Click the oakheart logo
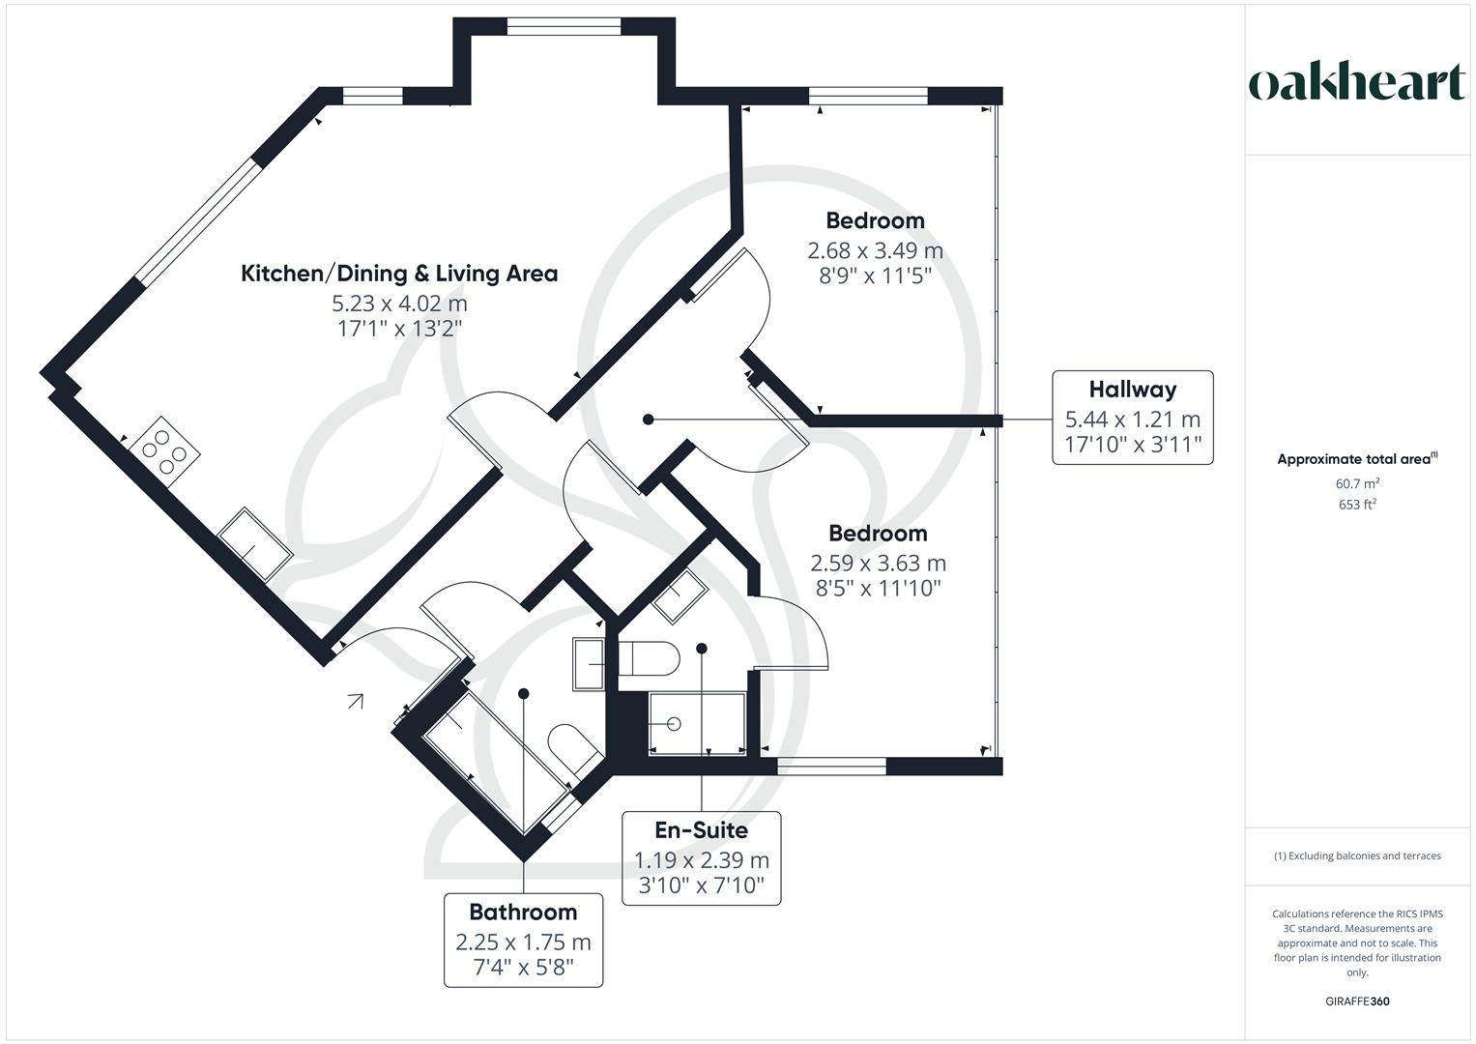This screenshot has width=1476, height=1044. (1356, 83)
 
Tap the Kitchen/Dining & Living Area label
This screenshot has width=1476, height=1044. (399, 274)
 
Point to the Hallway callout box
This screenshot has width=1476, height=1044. (1132, 417)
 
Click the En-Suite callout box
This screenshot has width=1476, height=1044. (701, 857)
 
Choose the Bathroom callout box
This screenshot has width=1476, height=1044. (523, 939)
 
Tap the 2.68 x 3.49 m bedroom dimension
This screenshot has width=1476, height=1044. (875, 250)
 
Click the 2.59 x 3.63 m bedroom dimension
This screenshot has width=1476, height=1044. (878, 563)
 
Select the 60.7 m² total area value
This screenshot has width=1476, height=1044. (1357, 482)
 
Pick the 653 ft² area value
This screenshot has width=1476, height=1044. (1357, 504)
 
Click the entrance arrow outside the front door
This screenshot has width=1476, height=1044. (356, 701)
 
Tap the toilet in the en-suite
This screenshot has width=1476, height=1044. (649, 659)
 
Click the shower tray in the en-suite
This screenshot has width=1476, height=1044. (697, 723)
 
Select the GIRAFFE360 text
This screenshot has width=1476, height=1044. (1357, 1001)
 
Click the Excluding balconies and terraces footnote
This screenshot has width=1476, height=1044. (1357, 855)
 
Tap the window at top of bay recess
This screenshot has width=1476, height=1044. (564, 28)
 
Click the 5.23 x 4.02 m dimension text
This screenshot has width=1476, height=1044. (399, 304)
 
